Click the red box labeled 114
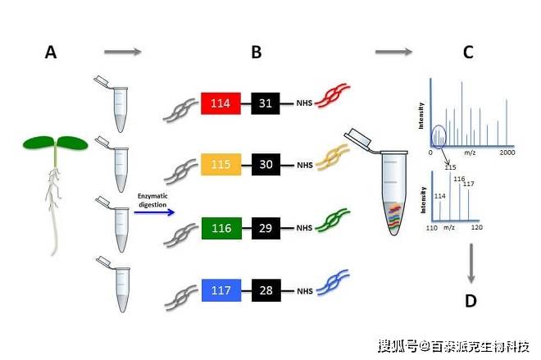pyautogui.click(x=220, y=103)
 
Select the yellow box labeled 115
pyautogui.click(x=220, y=165)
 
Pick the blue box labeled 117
pyautogui.click(x=220, y=289)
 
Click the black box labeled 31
pyautogui.click(x=266, y=103)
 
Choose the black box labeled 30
pyautogui.click(x=266, y=165)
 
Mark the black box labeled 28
pyautogui.click(x=266, y=289)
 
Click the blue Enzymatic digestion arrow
pyautogui.click(x=155, y=212)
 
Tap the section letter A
pyautogui.click(x=51, y=53)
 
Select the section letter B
pyautogui.click(x=257, y=53)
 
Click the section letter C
pyautogui.click(x=468, y=53)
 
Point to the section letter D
pyautogui.click(x=471, y=301)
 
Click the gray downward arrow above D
pyautogui.click(x=471, y=262)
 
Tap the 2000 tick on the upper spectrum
pyautogui.click(x=507, y=153)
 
